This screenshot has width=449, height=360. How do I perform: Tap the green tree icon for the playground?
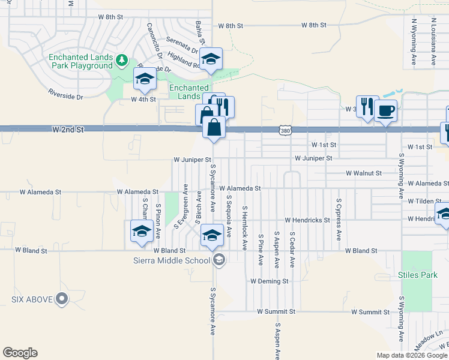pos(122,60)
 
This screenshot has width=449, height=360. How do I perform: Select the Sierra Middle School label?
pos(172,260)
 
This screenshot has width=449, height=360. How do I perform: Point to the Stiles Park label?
pos(418,276)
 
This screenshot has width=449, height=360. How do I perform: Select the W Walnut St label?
pos(364,173)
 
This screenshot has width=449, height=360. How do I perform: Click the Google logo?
pos(20,353)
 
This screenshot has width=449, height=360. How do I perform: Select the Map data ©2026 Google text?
pos(412,355)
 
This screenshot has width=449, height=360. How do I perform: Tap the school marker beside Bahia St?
pos(211,59)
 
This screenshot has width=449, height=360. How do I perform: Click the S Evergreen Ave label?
pos(181,206)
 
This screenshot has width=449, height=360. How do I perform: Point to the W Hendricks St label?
pos(307,220)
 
